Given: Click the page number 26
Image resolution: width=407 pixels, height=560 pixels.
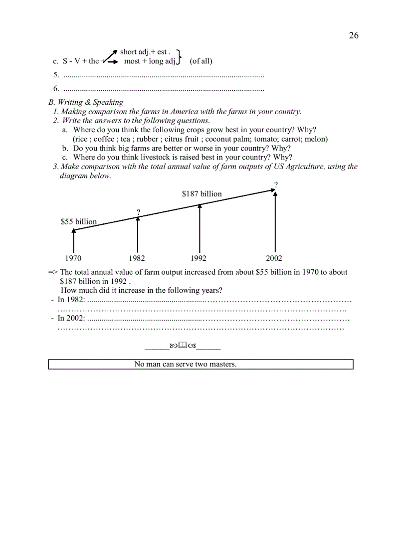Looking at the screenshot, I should point(353,35).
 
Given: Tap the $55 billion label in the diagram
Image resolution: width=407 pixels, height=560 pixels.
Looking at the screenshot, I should point(79,221).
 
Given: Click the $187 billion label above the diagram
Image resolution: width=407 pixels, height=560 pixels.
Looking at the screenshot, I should point(202,193).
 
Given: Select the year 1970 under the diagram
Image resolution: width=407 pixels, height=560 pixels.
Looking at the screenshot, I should point(73,258).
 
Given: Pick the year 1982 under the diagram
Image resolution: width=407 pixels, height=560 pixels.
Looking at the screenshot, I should point(137,258).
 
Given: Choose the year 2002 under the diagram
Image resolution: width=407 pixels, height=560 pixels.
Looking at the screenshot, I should point(274,258).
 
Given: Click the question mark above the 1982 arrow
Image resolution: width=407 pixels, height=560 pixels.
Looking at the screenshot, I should point(138,212).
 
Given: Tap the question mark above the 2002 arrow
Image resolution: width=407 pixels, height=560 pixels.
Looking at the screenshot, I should point(276,185).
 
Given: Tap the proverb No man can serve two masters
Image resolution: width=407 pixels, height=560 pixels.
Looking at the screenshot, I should point(186,364).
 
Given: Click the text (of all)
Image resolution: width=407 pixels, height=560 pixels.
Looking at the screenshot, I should point(201,61).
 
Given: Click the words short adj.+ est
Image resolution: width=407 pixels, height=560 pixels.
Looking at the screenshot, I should point(145,52).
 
